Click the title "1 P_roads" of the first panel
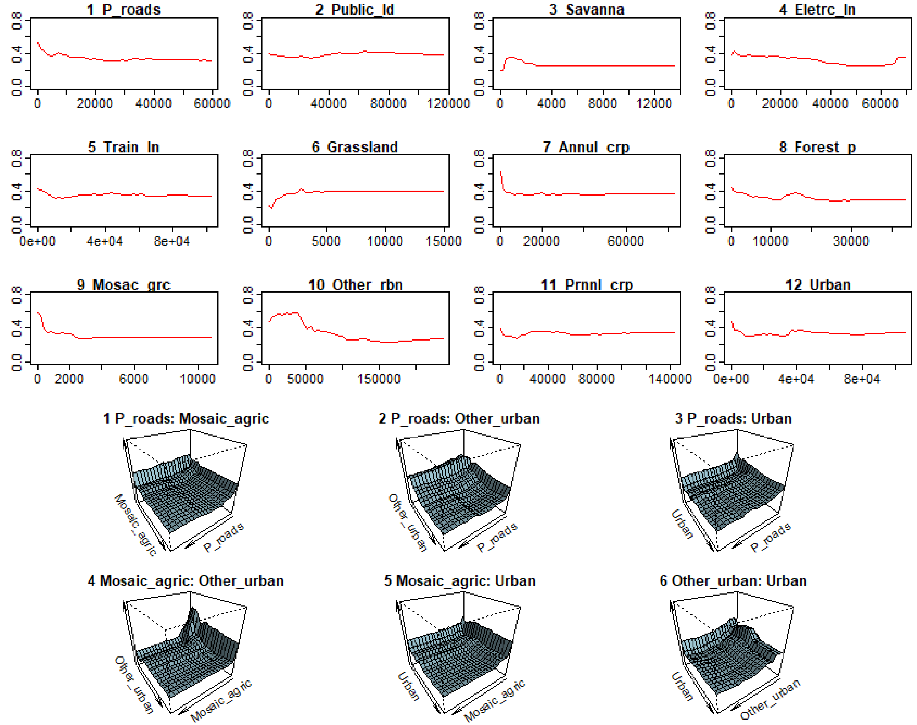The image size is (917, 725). pos(123,9)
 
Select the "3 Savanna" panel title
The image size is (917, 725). pos(587,9)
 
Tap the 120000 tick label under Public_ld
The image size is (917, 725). pos(448,104)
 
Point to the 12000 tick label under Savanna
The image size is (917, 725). pos(654,104)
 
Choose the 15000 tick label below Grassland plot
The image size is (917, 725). pos(443,242)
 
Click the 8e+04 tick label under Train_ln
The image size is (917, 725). pos(171,242)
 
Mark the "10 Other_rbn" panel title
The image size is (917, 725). pos(355,285)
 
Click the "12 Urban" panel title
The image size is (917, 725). pos(818,285)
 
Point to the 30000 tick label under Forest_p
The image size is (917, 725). pos(851,242)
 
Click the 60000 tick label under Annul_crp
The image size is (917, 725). pos(626,242)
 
